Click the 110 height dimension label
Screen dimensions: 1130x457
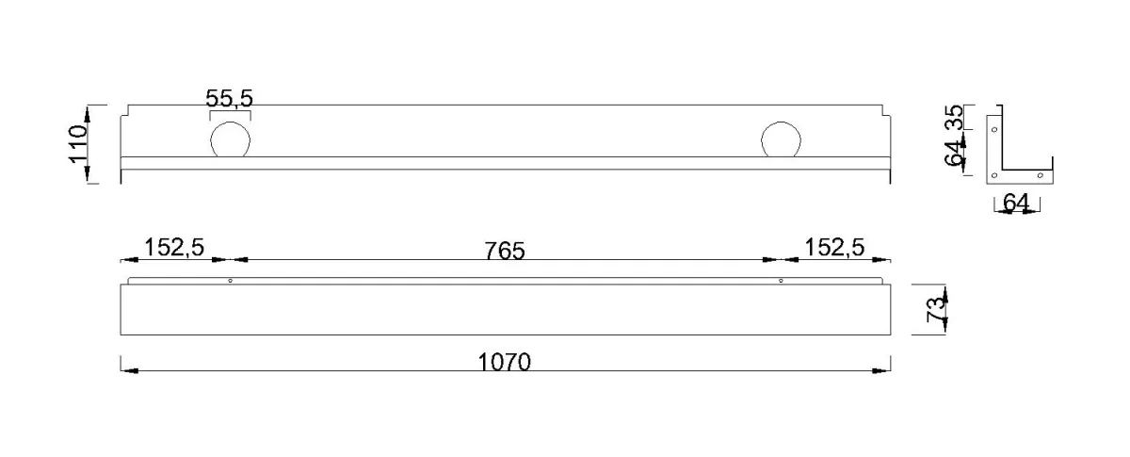tap(78, 144)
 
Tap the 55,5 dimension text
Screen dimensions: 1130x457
tap(229, 99)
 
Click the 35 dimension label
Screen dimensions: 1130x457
tap(953, 117)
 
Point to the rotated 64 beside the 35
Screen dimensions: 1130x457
tap(953, 153)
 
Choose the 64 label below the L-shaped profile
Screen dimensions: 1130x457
tap(1016, 203)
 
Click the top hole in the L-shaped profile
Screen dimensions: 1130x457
tap(994, 130)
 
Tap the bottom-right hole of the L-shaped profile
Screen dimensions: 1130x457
tap(1041, 175)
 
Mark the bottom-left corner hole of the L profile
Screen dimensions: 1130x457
tap(994, 175)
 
